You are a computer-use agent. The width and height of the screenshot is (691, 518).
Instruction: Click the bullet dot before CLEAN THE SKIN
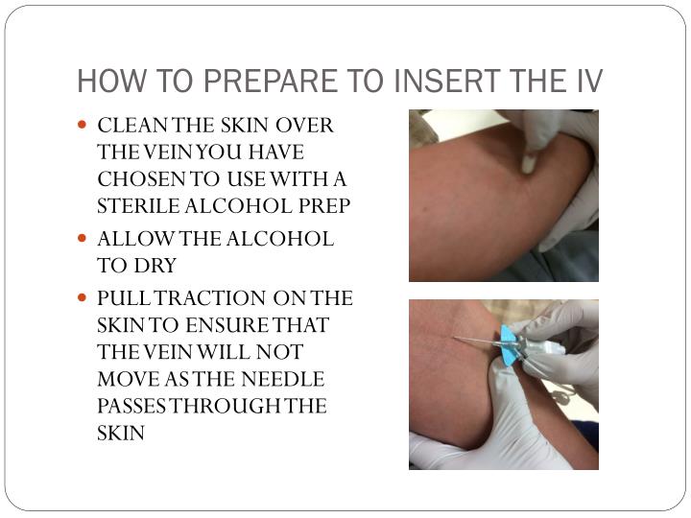pos(82,125)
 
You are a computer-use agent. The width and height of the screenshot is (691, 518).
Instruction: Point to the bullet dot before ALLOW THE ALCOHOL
pos(82,238)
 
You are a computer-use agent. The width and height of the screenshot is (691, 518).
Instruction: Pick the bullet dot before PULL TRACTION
pos(82,297)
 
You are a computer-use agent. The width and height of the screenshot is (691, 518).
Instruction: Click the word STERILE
pos(138,206)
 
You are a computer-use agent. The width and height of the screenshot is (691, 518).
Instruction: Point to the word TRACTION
pos(210,298)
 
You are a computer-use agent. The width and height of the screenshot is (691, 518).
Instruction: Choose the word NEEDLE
pos(283,379)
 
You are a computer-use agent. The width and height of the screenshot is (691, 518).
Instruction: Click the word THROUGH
pos(226,406)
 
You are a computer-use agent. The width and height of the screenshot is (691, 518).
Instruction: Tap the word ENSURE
pos(226,325)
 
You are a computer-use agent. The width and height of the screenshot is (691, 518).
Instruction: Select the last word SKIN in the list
pos(121,434)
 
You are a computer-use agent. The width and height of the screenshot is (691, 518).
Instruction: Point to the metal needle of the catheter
pos(477,340)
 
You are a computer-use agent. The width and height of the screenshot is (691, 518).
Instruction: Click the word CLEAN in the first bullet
pos(132,126)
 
